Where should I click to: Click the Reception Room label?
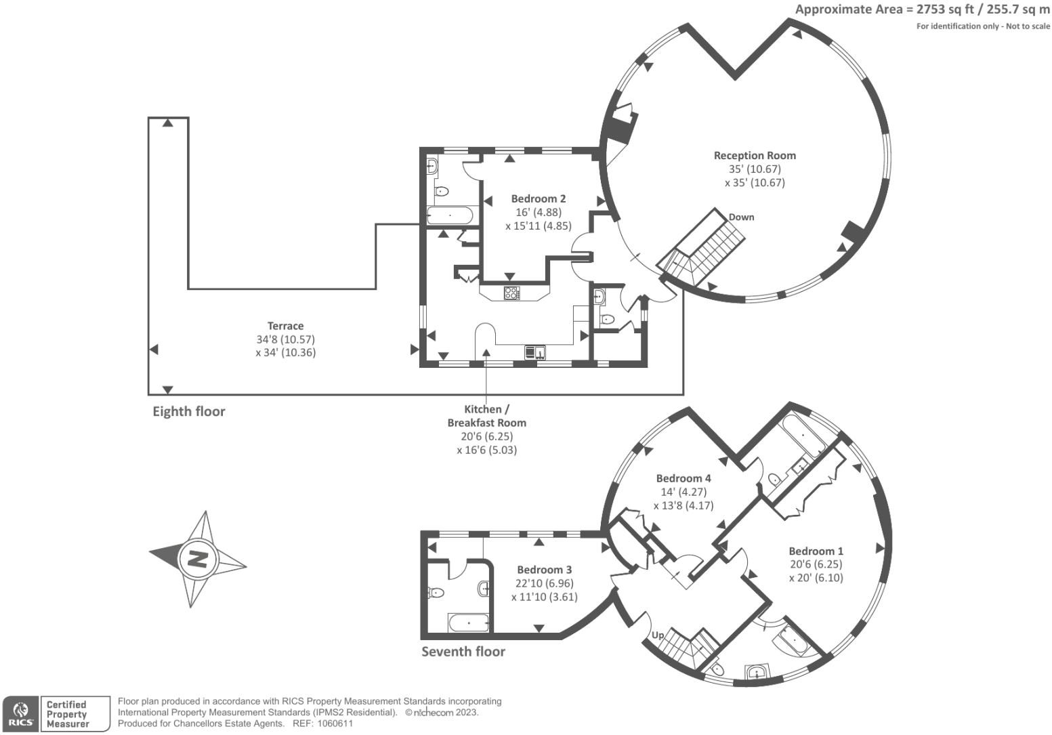(755, 156)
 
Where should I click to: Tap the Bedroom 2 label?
(538, 198)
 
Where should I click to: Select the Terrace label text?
(285, 326)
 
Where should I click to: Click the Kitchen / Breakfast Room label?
(486, 416)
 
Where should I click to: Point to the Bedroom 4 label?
(683, 478)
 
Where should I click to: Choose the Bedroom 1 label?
(816, 551)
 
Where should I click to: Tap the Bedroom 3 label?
(544, 570)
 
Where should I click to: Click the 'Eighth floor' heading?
(188, 411)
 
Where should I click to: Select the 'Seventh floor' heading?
(463, 652)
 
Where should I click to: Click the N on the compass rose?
(197, 560)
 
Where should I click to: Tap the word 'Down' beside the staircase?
(741, 217)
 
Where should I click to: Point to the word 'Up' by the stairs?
(657, 635)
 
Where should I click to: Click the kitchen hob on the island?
(511, 293)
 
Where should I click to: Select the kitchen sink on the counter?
(534, 352)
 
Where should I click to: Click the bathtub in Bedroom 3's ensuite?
(468, 622)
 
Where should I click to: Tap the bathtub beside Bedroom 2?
(449, 216)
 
